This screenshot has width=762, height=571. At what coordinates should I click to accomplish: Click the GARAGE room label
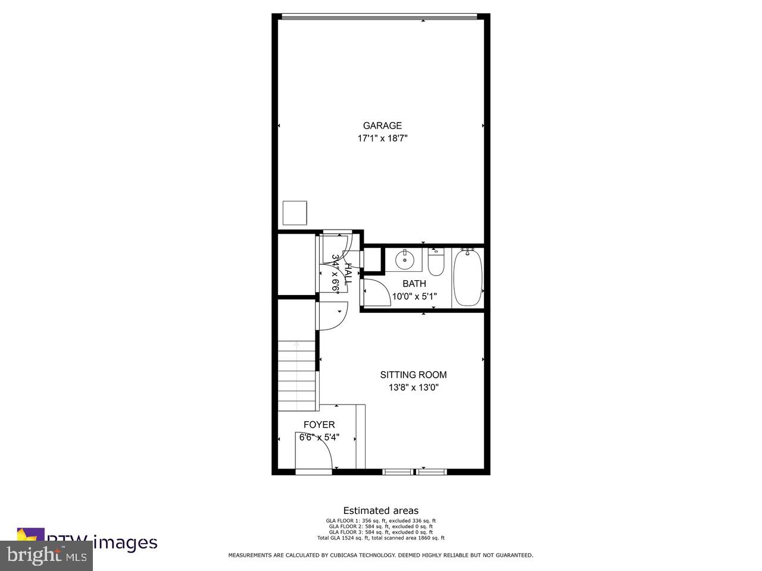click(x=382, y=126)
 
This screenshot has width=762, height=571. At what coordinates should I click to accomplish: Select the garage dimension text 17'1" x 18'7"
click(x=382, y=138)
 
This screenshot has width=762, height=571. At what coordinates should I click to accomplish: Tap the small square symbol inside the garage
click(x=294, y=213)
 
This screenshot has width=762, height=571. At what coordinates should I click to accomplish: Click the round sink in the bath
click(x=405, y=259)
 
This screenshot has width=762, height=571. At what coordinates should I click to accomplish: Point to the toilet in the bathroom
click(x=436, y=263)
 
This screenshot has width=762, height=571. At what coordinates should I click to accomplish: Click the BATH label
click(x=414, y=284)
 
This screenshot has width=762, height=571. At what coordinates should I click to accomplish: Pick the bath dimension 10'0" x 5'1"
click(x=414, y=296)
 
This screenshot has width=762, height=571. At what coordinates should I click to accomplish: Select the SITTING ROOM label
click(x=413, y=375)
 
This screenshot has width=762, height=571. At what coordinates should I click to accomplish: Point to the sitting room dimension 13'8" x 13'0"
click(x=413, y=387)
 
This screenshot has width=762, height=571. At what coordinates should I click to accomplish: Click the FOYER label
click(x=319, y=425)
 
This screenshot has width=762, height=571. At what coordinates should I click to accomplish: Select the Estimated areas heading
click(x=380, y=510)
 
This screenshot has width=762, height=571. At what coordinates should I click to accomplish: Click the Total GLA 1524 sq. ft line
click(x=380, y=538)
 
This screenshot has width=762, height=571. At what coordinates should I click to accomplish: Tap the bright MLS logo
click(x=46, y=556)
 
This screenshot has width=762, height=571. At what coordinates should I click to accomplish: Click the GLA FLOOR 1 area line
click(x=380, y=520)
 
